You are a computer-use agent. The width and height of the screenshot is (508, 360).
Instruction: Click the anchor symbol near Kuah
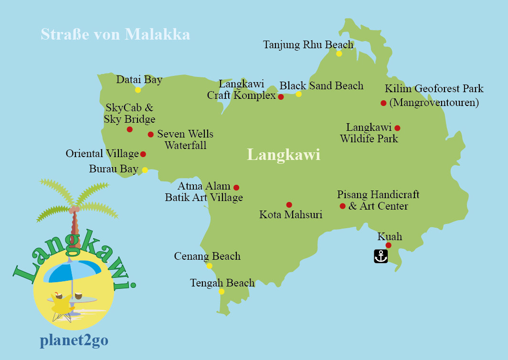tap(381, 256)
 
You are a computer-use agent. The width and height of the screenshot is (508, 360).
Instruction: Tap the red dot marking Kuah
tap(388, 245)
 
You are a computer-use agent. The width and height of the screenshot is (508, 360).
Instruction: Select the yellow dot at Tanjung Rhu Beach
tap(339, 53)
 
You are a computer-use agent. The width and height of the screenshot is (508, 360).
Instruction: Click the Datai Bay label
tap(139, 80)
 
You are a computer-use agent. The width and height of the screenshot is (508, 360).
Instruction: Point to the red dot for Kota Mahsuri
tap(289, 205)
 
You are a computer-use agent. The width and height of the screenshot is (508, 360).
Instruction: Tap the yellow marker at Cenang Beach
tap(209, 266)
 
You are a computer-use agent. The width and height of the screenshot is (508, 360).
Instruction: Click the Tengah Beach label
tap(222, 283)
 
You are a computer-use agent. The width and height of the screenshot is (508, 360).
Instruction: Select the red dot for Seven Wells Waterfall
tap(150, 135)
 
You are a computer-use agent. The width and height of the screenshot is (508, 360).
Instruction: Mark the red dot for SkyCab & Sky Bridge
tap(129, 129)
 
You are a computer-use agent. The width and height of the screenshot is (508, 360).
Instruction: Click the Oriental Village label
tap(102, 154)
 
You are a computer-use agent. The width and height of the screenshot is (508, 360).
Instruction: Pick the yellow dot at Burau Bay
tap(145, 169)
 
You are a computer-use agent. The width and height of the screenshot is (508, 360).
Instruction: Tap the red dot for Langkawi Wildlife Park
tap(397, 128)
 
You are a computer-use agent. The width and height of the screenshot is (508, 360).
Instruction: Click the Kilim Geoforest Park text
tap(434, 89)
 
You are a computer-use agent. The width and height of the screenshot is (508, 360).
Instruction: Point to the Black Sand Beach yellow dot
tap(298, 94)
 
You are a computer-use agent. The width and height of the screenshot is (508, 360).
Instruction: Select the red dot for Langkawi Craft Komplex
tap(281, 97)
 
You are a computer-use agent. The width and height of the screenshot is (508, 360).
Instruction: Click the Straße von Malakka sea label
tap(115, 34)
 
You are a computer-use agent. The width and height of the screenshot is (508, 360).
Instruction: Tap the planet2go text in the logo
tap(74, 340)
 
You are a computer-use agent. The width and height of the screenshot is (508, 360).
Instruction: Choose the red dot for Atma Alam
tap(236, 188)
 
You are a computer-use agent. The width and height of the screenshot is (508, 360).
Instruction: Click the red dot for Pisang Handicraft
tap(342, 206)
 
